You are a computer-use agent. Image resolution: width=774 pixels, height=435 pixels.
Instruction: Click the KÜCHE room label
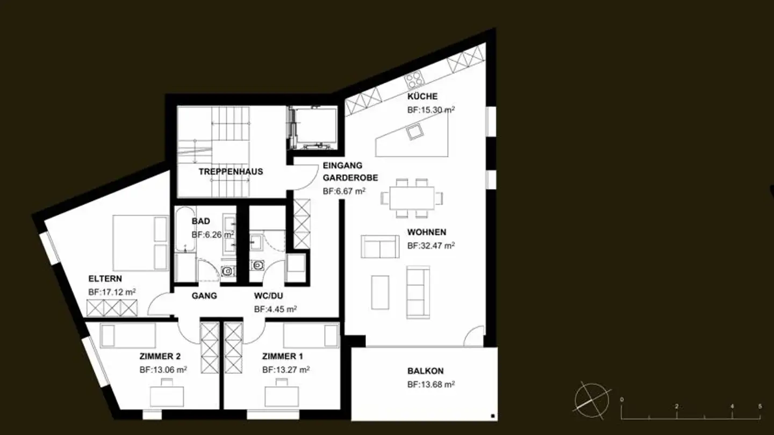coord(422,97)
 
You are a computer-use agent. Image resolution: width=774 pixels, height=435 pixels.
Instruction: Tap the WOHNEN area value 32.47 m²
coord(431,246)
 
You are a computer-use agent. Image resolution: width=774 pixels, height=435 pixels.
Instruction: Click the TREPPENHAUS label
coord(231,172)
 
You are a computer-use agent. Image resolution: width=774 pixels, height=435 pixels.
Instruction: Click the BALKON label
coord(425,371)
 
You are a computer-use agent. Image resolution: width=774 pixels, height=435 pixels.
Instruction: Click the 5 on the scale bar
coord(760,407)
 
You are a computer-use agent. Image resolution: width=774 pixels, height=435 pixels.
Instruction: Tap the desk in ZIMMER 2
coord(167,395)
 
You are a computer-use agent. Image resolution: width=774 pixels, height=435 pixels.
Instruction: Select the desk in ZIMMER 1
coord(282,395)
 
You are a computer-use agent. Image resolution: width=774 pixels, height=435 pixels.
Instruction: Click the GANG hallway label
coord(204,295)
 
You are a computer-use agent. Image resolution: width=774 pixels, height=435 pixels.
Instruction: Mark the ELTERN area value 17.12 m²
coord(112,292)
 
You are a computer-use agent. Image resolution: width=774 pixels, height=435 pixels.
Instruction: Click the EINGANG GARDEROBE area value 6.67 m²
coord(344,191)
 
